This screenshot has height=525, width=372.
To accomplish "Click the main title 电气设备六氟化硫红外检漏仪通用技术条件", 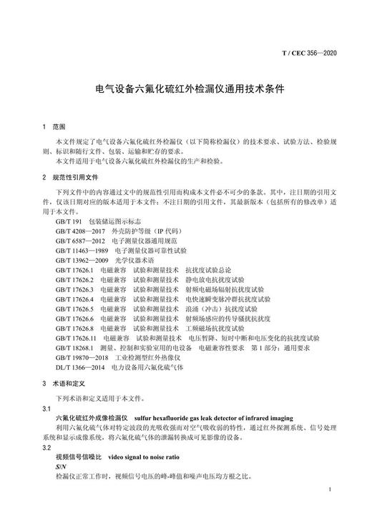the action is (x=186, y=91).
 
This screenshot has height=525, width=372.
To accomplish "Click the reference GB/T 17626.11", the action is (x=76, y=336).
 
